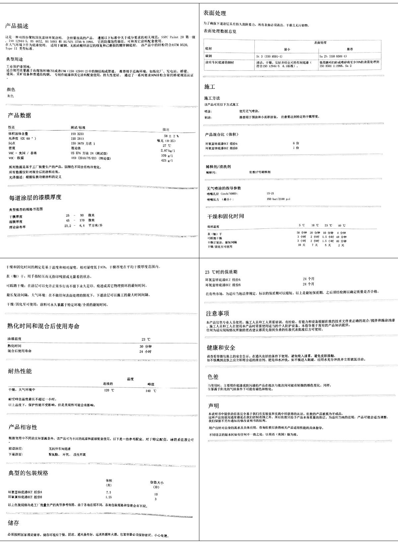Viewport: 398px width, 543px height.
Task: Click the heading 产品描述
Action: pos(17,26)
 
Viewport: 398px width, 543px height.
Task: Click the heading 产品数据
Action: pos(20,116)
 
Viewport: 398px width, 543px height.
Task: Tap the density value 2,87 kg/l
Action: pos(167,151)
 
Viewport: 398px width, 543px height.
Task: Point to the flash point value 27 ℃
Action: pos(167,146)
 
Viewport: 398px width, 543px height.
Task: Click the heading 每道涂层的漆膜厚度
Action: pos(35,197)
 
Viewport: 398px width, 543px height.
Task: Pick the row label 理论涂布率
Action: pos(17,227)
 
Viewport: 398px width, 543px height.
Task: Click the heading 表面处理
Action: pos(215,13)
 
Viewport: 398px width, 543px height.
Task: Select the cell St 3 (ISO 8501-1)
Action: pos(268,56)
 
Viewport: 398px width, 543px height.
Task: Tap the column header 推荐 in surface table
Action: pos(350,49)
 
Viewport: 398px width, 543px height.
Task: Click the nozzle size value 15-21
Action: pos(270,194)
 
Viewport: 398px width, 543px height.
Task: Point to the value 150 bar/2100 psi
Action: pos(278,199)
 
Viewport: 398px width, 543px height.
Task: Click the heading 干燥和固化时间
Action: pos(226,216)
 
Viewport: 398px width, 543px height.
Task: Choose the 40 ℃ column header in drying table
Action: pos(342,226)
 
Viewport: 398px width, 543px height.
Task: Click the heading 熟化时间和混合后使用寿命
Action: pos(43,326)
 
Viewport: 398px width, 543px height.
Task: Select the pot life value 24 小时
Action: pos(146,351)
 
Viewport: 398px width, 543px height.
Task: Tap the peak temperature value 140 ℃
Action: pos(151,391)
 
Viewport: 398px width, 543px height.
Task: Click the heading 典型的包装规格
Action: pos(28,473)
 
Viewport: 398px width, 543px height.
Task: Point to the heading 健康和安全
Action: pos(221,348)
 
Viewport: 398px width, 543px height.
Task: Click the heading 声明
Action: pos(213,406)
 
